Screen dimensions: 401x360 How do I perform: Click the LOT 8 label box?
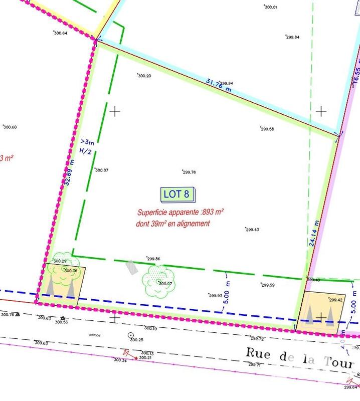[176, 194]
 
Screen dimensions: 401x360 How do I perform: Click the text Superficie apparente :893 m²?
[180, 213]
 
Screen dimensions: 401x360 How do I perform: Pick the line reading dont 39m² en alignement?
[172, 224]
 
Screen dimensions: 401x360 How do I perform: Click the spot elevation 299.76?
[189, 172]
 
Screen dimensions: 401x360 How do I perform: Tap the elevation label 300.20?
[144, 76]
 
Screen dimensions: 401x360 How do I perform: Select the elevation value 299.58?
[267, 129]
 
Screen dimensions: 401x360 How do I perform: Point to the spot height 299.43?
[252, 230]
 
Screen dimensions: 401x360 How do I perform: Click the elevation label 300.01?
[271, 8]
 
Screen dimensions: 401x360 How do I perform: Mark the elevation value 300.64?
[60, 33]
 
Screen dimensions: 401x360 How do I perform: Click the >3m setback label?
[87, 142]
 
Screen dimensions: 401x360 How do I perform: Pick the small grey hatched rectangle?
[131, 267]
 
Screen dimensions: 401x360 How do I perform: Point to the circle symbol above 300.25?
[131, 335]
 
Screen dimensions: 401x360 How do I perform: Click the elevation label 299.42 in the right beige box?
[335, 300]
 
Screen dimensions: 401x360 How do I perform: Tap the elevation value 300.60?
[10, 127]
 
